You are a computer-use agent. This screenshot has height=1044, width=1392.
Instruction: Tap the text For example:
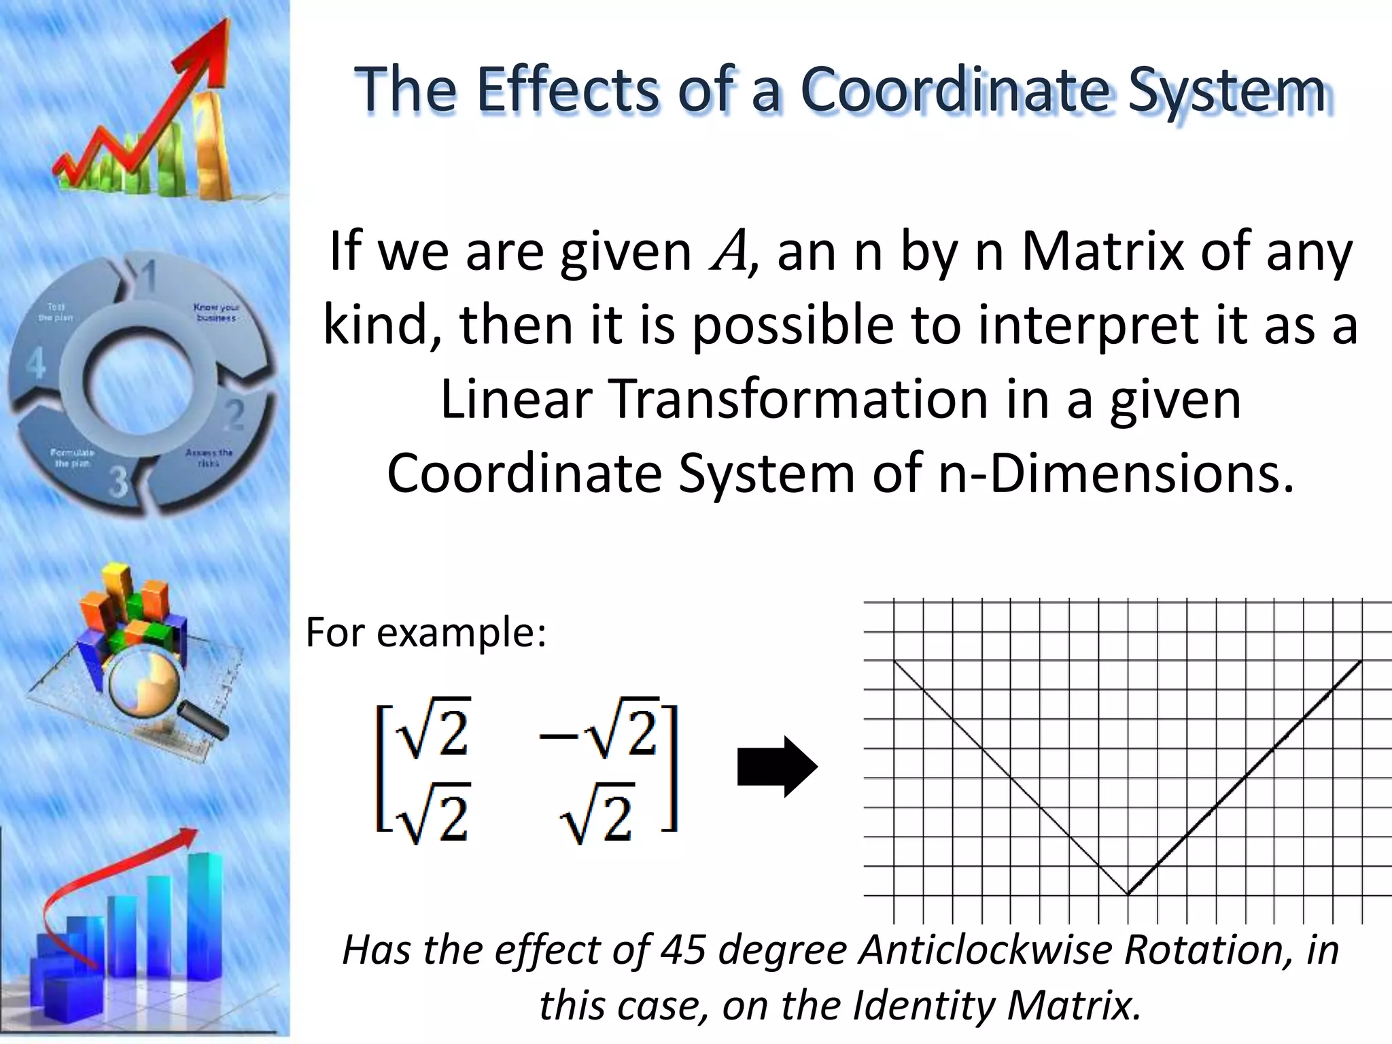[426, 633]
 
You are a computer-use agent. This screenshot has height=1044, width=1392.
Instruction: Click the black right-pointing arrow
[778, 767]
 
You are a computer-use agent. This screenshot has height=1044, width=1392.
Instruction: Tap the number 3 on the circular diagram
[118, 483]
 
